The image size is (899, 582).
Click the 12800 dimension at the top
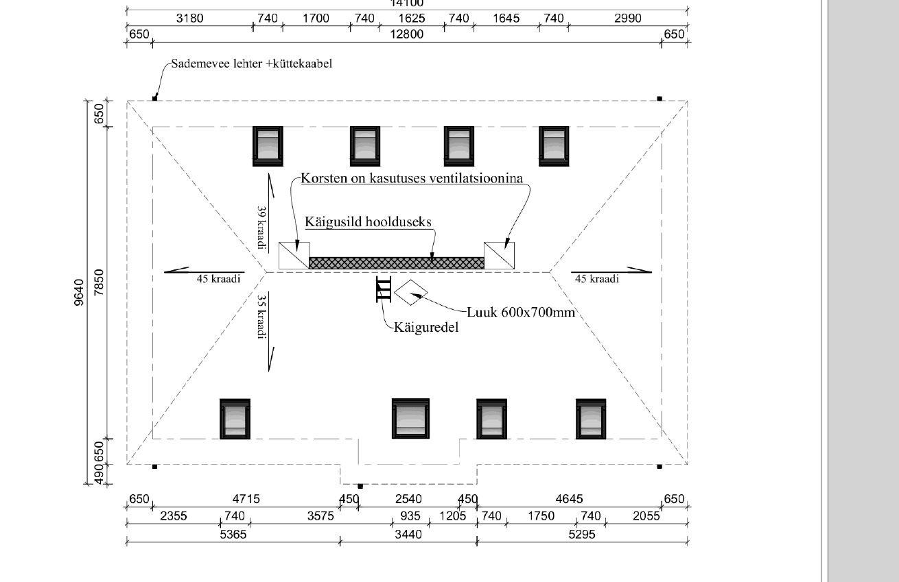[407, 34]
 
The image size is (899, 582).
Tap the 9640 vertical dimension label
[79, 292]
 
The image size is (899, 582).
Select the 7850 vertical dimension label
[100, 282]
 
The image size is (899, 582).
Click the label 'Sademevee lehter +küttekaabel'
[252, 64]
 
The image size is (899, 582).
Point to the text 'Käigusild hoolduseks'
[368, 221]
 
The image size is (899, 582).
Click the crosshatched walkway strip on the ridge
[397, 263]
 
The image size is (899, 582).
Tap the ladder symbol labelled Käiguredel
[383, 289]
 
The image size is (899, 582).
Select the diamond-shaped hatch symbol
[411, 293]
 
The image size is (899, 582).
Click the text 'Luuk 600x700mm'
[521, 312]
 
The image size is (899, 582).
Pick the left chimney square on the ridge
[294, 256]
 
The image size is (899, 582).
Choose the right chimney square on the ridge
[500, 256]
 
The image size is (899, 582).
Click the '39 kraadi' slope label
[261, 228]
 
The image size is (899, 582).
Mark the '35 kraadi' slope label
[261, 316]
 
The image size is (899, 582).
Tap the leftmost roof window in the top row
[268, 146]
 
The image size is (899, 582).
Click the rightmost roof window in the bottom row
[591, 418]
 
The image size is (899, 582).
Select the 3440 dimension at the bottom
[408, 534]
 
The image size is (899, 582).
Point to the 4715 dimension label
[246, 499]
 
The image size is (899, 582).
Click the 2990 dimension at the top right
[627, 19]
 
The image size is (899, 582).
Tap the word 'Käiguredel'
[426, 327]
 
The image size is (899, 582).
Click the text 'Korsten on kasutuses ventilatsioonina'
[412, 178]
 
